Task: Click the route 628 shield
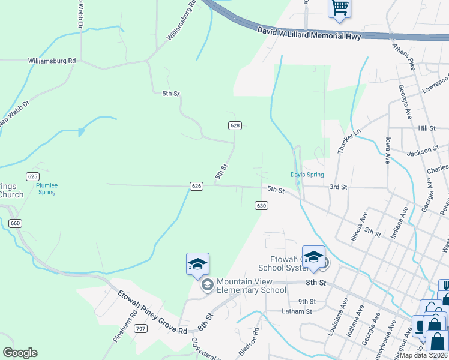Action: tap(235, 125)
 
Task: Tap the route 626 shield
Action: tap(196, 186)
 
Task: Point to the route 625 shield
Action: tap(32, 176)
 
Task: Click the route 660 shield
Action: tap(16, 223)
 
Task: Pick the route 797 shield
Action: tap(140, 328)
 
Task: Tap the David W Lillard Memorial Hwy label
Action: tap(309, 34)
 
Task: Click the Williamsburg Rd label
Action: tap(52, 61)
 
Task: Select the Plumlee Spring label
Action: tap(47, 189)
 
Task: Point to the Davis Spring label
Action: tap(307, 175)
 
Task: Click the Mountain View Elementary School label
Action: tap(251, 286)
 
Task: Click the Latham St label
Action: tap(297, 311)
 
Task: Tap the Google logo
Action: tap(20, 353)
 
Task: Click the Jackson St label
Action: tap(419, 154)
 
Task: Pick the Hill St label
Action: tap(426, 128)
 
